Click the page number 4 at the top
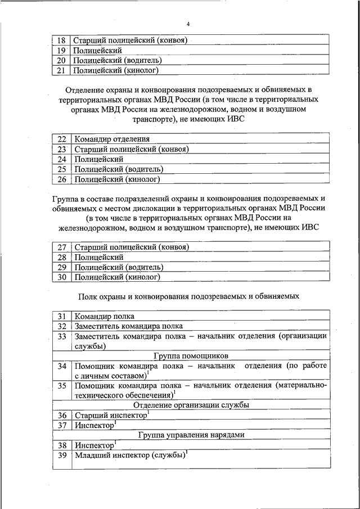(188, 24)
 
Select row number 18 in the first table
(62, 40)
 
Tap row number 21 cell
(62, 71)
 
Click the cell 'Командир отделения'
(112, 138)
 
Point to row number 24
(62, 159)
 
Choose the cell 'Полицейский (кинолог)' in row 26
(118, 179)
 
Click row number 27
(62, 247)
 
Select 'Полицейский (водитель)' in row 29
(119, 267)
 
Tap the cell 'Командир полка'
(105, 316)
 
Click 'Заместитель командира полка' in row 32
(129, 326)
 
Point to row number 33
(62, 336)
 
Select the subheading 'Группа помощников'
(191, 356)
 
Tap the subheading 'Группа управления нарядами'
(191, 435)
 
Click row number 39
(62, 456)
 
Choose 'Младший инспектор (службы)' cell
(130, 456)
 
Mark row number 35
(62, 386)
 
